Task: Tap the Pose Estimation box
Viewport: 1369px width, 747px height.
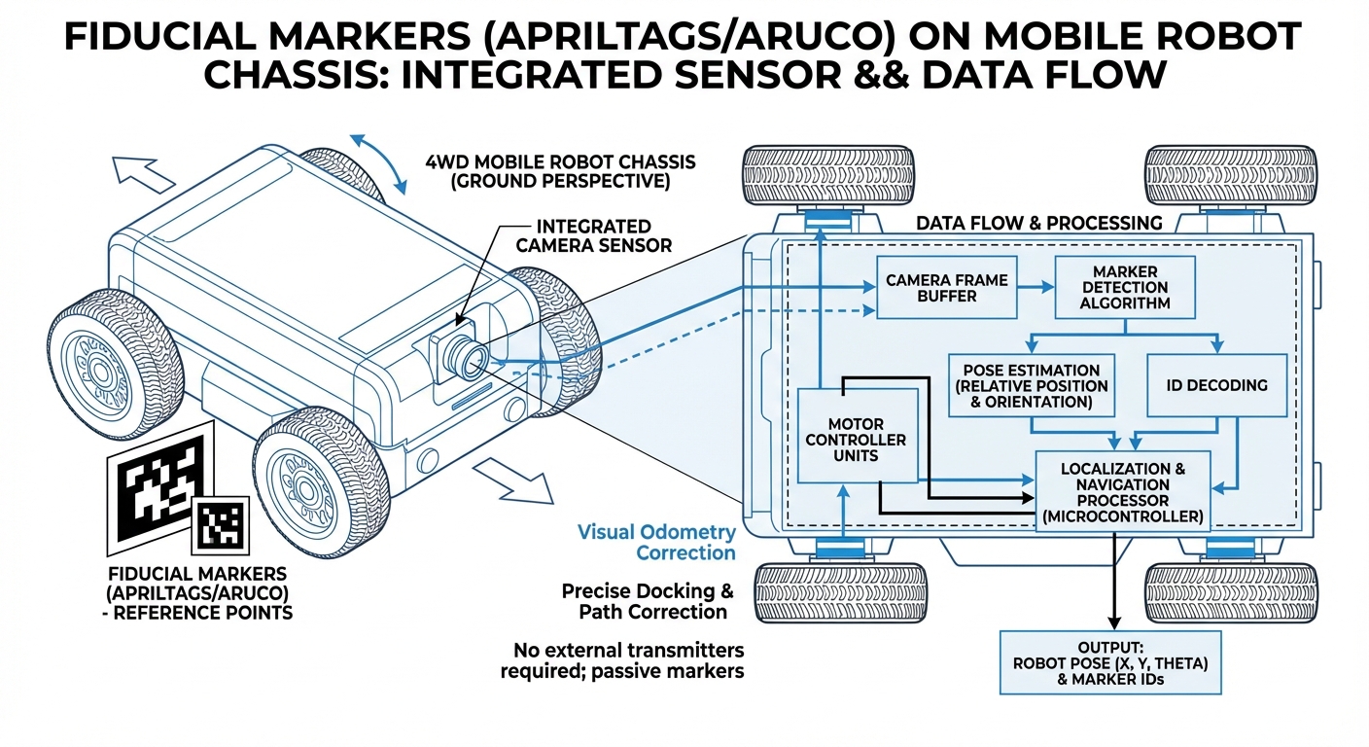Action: point(1031,385)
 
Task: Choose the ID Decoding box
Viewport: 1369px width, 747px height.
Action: point(1216,385)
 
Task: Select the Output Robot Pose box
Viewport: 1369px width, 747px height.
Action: point(1110,662)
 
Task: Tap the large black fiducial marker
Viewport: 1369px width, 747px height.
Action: point(156,481)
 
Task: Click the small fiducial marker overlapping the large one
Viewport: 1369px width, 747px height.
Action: point(219,525)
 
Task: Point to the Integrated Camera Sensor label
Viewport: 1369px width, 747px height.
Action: point(593,235)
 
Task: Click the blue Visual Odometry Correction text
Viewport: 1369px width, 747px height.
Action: point(656,543)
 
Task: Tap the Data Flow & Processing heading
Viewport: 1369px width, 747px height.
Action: point(1038,223)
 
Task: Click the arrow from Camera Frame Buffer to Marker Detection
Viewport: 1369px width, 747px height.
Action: point(1036,288)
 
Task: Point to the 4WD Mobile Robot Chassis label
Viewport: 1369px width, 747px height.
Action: point(560,171)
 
